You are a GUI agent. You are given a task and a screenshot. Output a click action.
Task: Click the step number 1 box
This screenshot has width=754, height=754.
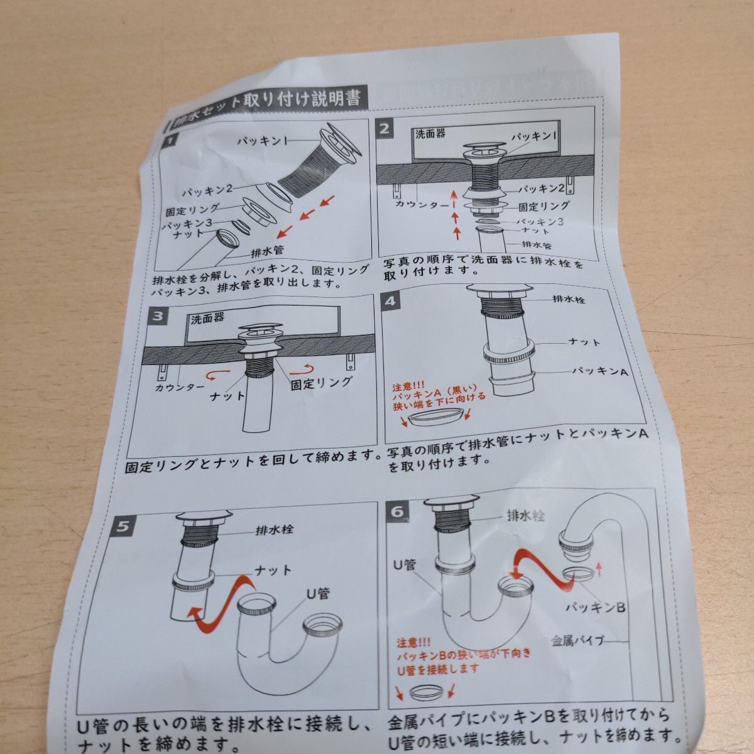click(168, 142)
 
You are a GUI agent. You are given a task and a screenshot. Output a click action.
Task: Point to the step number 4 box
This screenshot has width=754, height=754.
click(391, 300)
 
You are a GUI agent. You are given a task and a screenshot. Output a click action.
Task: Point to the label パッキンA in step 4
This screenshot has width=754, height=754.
click(600, 371)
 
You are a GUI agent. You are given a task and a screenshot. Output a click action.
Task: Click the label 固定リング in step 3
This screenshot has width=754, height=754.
click(321, 381)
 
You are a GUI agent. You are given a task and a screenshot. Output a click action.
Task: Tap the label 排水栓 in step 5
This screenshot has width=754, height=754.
click(275, 529)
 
